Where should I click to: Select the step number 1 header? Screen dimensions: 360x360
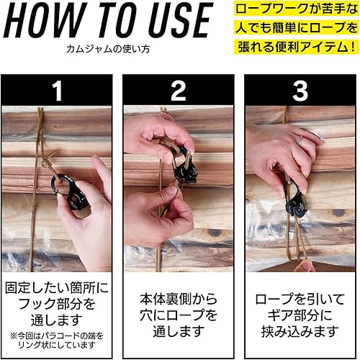pyautogui.click(x=57, y=90)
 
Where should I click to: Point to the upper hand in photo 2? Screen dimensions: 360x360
pyautogui.click(x=155, y=137)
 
